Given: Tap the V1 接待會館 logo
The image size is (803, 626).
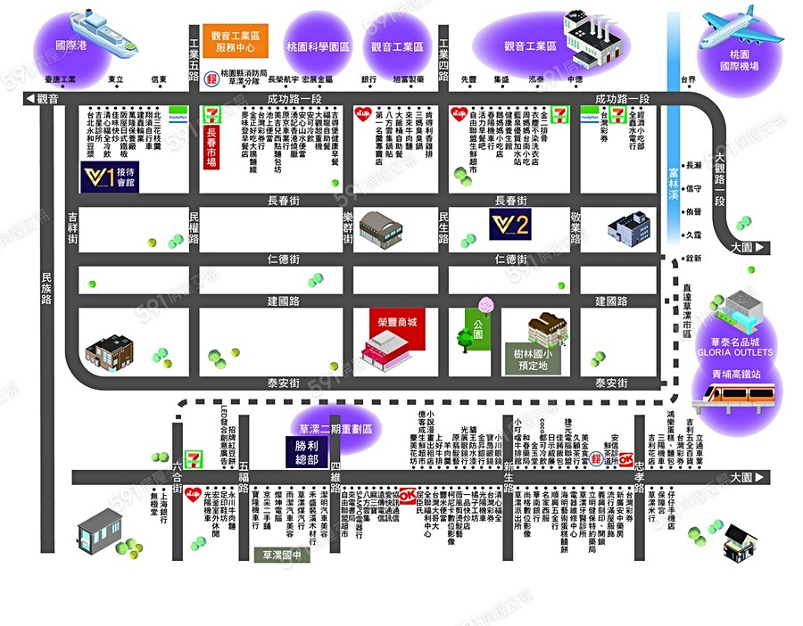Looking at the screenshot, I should [x=109, y=177].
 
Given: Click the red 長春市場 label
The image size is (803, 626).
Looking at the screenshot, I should [x=211, y=147].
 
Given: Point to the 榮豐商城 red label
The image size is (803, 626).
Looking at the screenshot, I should [x=393, y=322].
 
